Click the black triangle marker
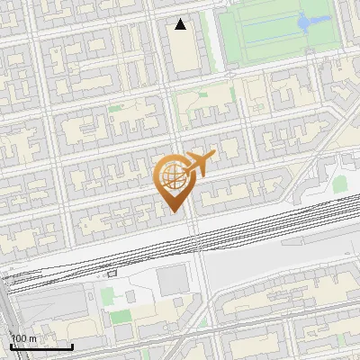tap(181, 24)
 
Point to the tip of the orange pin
tap(173, 210)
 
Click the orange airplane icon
tap(200, 163)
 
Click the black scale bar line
tap(41, 347)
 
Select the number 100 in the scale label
tap(20, 339)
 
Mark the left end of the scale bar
tap(11, 347)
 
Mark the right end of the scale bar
tap(72, 347)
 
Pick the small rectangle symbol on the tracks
tap(112, 272)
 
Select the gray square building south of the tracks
tap(173, 282)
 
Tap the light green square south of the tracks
tap(108, 295)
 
